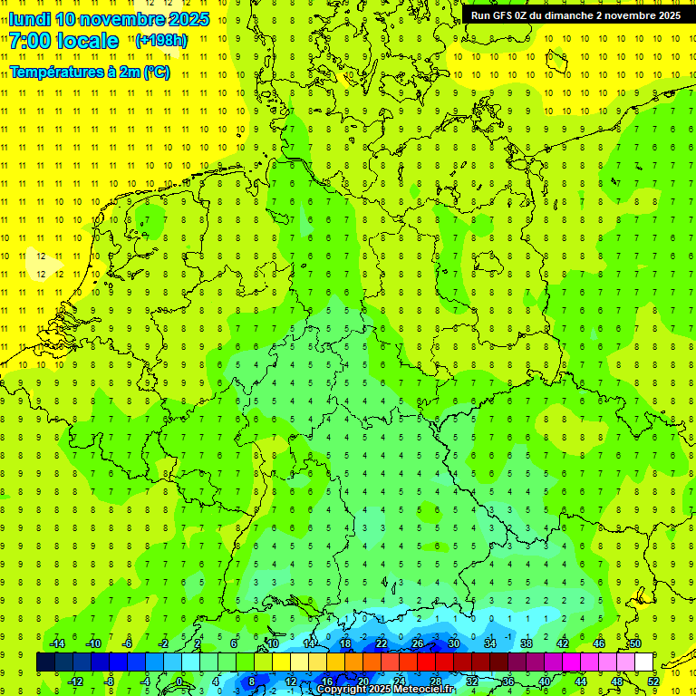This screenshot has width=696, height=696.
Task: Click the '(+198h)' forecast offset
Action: coord(161,41)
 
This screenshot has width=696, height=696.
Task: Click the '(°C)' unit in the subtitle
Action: coord(156,72)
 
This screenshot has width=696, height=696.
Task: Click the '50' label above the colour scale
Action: coord(634,643)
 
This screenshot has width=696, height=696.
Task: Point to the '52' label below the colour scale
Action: coord(653,681)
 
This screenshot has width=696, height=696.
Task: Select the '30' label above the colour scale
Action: coord(453,643)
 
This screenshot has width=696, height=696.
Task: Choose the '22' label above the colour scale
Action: coord(382,643)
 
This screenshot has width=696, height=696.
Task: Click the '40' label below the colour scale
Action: coord(544,681)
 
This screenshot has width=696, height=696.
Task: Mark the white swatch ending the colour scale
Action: coord(643,662)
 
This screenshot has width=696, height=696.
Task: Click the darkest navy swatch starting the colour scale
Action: coord(45,662)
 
